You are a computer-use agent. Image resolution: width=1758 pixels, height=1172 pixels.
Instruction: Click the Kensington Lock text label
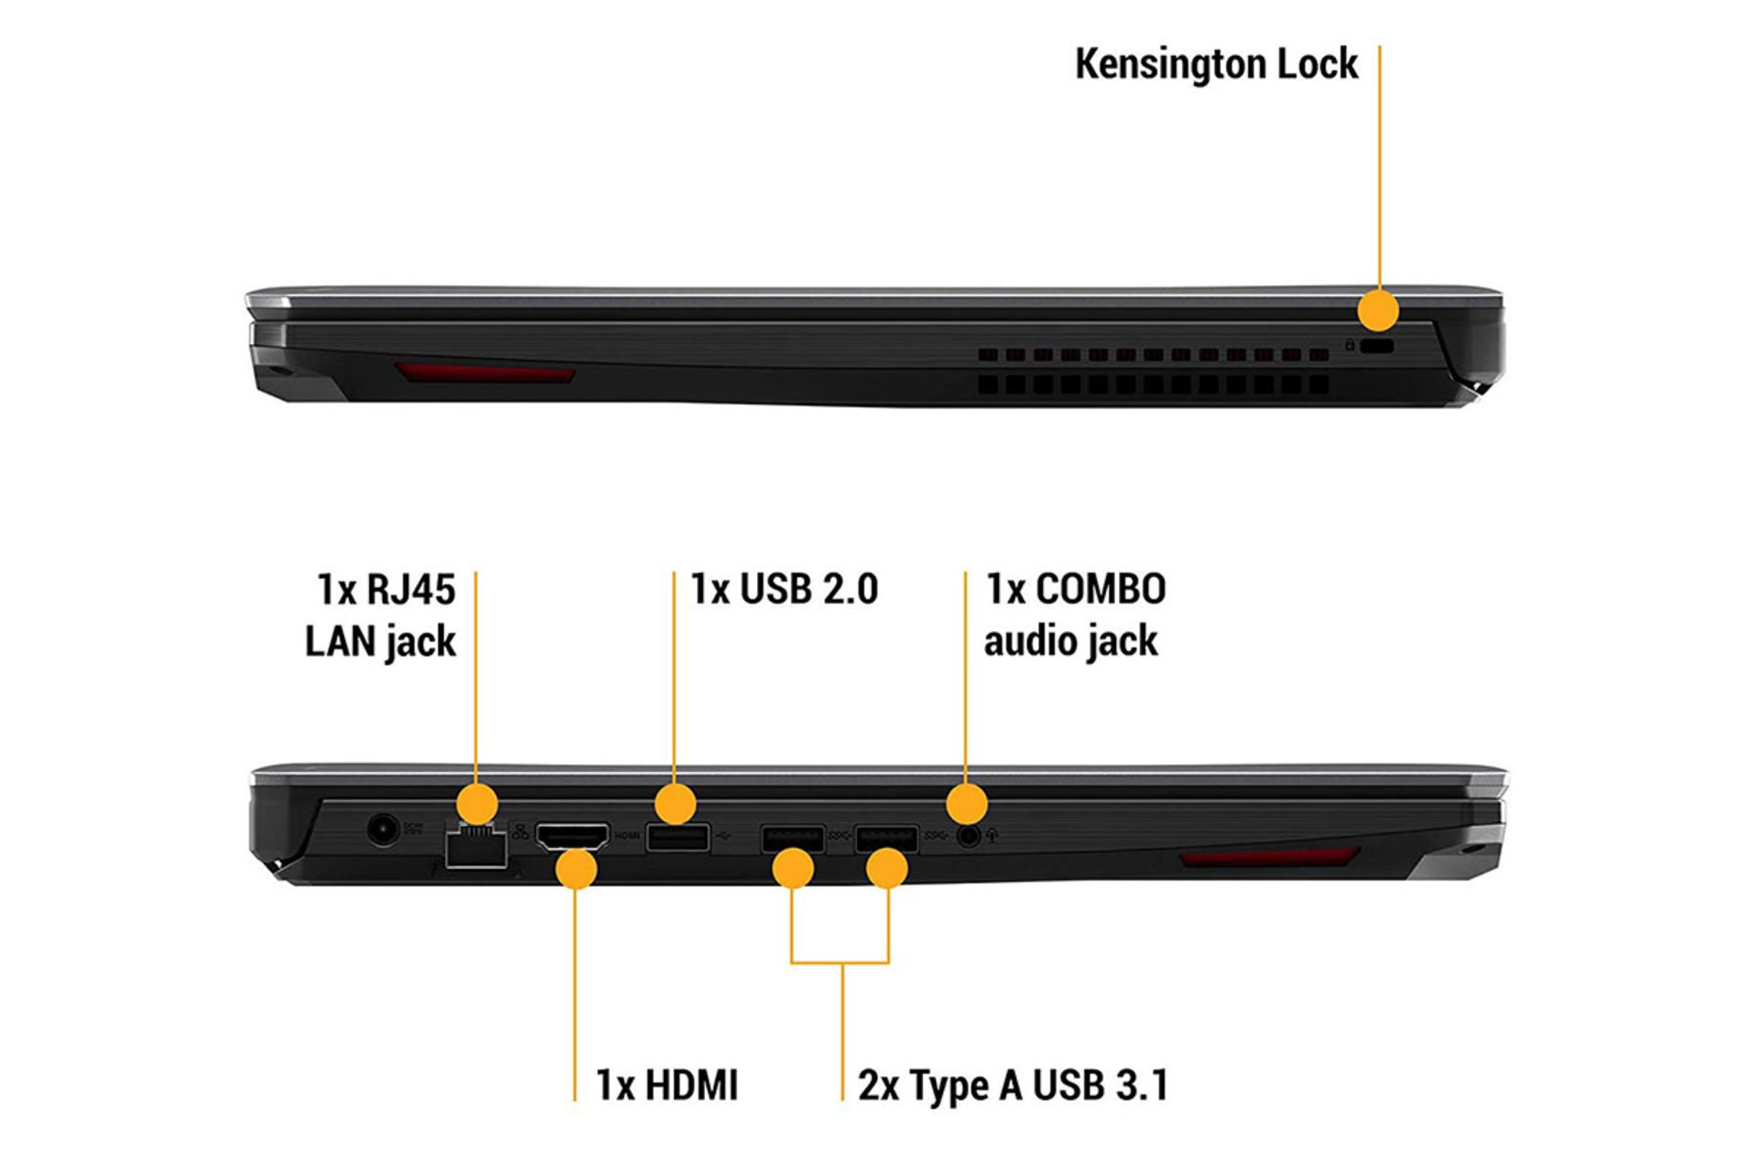coord(1216,64)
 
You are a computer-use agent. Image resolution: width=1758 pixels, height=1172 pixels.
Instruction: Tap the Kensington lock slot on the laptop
coord(1376,346)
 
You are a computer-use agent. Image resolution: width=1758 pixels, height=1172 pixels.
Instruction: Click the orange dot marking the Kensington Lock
coord(1378,309)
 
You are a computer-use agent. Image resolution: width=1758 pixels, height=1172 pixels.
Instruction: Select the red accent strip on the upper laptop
coord(484,373)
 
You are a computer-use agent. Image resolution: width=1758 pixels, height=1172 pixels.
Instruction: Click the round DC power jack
coord(383,830)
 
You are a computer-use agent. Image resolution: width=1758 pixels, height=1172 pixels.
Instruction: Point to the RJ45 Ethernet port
coord(476,848)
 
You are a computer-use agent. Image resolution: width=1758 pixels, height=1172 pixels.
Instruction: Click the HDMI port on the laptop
coord(572,836)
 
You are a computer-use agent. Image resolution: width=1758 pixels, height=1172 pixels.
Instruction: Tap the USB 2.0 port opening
coord(678,837)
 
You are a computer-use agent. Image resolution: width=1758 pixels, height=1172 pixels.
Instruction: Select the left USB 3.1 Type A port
coord(792,838)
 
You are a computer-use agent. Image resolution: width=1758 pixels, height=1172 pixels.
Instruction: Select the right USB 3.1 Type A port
coord(886,838)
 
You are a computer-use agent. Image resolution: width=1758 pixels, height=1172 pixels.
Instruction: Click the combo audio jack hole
coord(968,835)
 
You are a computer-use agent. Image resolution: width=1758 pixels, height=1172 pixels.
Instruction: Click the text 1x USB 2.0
coord(784,589)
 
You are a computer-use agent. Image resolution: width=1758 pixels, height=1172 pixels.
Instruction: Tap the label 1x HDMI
coord(667,1085)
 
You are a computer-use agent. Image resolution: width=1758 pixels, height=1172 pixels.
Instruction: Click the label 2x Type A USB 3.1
coord(1013,1085)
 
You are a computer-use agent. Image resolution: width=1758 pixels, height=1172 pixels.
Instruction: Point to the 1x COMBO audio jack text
coord(1074,614)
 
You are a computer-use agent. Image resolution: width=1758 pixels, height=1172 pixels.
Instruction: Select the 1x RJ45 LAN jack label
coord(381,614)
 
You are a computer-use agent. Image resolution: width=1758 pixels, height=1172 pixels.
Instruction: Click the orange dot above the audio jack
coord(966,804)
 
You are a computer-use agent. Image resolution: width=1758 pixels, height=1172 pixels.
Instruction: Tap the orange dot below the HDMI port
coord(576,869)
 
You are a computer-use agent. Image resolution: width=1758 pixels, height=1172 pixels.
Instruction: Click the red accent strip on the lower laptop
coord(1268,857)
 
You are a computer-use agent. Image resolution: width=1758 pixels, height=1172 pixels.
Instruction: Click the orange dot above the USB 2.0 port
coord(675,804)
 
